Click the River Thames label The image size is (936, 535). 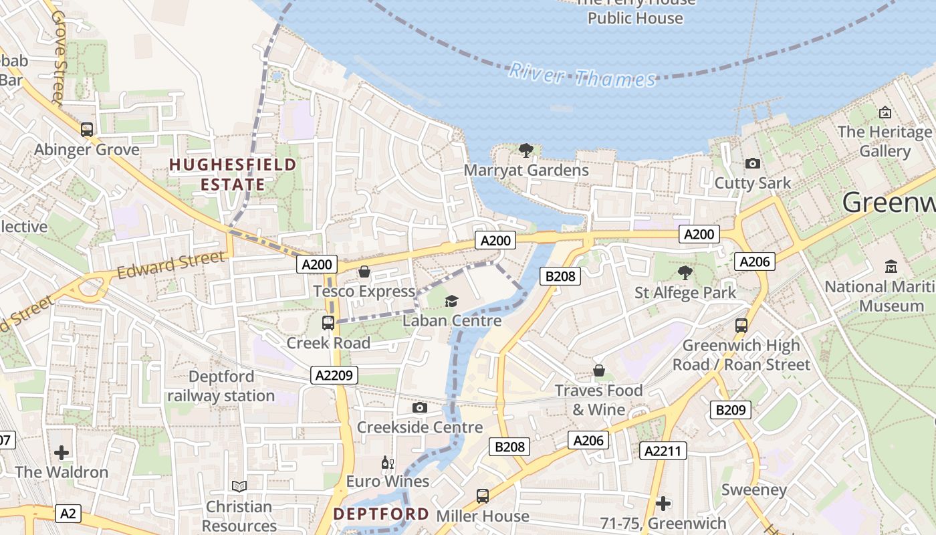(582, 75)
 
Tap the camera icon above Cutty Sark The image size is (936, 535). (753, 163)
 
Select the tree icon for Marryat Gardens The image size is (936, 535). (526, 150)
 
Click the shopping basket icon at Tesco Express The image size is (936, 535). (364, 272)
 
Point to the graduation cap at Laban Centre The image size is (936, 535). (452, 301)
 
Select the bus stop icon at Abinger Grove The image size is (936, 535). (87, 129)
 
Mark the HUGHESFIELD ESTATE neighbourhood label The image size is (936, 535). (233, 174)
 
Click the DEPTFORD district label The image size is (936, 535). (381, 514)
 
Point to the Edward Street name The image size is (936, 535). (171, 265)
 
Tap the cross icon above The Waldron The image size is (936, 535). (62, 453)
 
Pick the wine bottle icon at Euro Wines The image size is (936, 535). (387, 462)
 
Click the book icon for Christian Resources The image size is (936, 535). (239, 486)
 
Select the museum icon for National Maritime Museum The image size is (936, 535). (891, 267)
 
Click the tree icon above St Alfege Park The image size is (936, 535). (685, 272)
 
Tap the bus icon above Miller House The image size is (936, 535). (483, 496)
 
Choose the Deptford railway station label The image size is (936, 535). (221, 386)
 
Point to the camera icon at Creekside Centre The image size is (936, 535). (420, 407)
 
